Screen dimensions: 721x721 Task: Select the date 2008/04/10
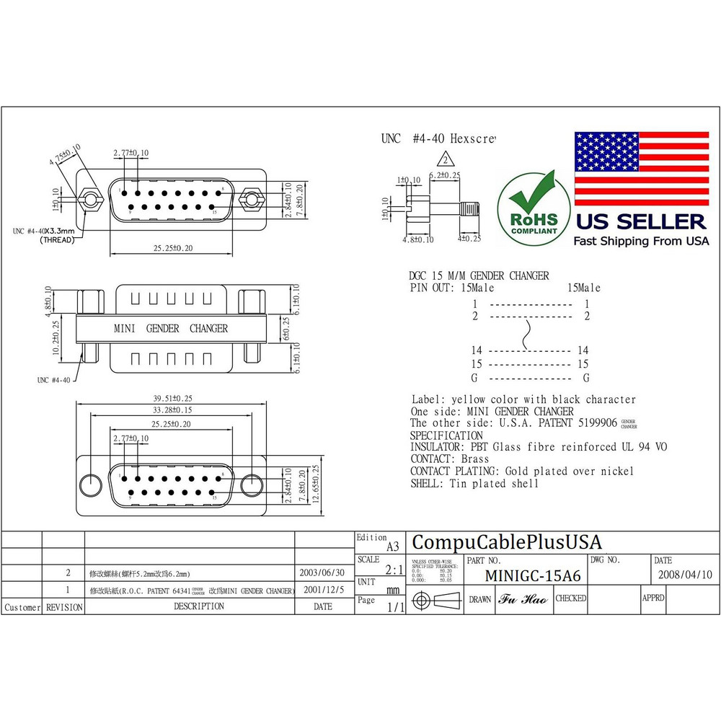(x=685, y=575)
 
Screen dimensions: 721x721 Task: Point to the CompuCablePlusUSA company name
(x=506, y=542)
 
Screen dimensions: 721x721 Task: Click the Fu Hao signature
(x=523, y=599)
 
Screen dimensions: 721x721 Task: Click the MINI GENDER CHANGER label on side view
(x=171, y=329)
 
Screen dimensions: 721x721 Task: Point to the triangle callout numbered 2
(x=446, y=160)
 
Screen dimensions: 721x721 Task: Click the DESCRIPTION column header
(x=199, y=607)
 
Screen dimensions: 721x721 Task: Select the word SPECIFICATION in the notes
(x=446, y=435)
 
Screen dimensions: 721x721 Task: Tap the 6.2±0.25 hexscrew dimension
(x=444, y=175)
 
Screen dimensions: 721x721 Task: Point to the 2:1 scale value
(x=394, y=570)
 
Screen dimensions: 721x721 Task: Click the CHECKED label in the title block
(x=570, y=598)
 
